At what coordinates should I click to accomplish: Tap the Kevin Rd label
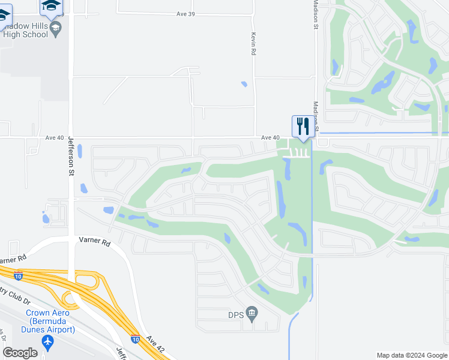[254, 44]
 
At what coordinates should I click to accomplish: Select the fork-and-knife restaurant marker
[301, 127]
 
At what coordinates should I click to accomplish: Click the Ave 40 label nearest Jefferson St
[55, 137]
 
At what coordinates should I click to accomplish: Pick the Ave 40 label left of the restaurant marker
[271, 137]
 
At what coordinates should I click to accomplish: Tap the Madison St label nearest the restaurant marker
[315, 114]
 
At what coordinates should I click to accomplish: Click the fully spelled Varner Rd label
[95, 242]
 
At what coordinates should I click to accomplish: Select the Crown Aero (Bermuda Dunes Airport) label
[50, 321]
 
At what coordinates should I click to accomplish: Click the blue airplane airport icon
[48, 342]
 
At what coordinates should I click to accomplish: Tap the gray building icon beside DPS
[252, 312]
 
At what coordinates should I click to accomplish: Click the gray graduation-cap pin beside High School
[56, 28]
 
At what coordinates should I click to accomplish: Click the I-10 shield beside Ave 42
[136, 338]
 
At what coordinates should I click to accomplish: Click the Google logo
[20, 353]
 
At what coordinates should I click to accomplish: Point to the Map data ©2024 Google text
[411, 355]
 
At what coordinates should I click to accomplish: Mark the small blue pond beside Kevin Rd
[244, 84]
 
